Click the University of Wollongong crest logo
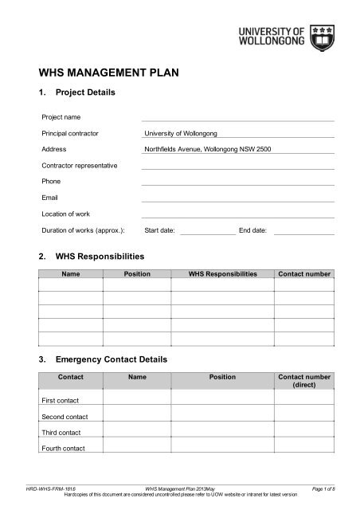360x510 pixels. click(x=323, y=37)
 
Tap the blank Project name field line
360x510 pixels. click(x=237, y=117)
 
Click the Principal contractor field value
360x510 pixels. click(x=181, y=133)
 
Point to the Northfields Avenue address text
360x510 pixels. click(x=207, y=149)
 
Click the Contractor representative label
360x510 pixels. click(x=80, y=165)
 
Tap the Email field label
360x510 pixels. click(x=50, y=197)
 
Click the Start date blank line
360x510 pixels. click(x=208, y=230)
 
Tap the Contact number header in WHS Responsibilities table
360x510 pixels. click(x=303, y=274)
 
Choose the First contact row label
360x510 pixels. click(x=60, y=399)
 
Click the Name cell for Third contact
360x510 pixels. click(x=137, y=432)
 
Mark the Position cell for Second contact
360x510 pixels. click(x=222, y=415)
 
